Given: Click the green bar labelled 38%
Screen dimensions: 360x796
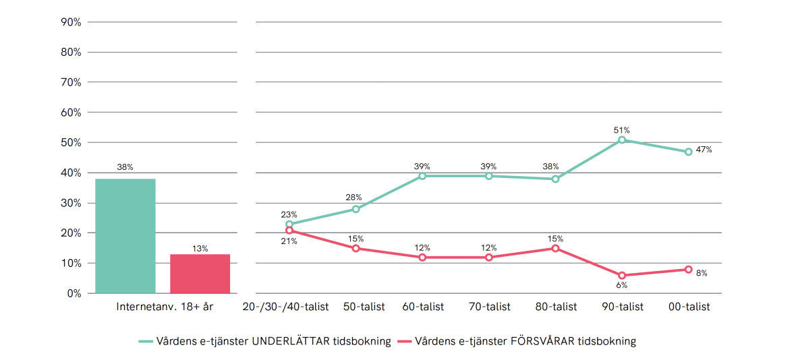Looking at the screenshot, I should pos(125,236).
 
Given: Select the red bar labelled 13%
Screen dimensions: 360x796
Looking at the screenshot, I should pos(200,274).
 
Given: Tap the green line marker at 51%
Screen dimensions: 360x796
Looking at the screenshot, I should pos(622,140).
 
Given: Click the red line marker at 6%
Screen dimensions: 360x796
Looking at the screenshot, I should pos(622,276).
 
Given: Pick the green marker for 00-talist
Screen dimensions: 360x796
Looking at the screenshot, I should pos(688,152).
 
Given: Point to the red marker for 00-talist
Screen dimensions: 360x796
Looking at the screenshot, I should pos(688,270).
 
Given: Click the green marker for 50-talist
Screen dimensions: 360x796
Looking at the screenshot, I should pos(356,209).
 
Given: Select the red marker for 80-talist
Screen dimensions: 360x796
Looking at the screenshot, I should pos(555,248).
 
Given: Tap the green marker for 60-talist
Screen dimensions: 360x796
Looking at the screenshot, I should pos(422,176).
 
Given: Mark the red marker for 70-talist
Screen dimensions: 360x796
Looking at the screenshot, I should pos(488,258).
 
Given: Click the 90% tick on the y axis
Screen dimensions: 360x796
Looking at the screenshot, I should pos(71,22).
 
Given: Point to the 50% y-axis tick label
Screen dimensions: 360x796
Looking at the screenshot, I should pos(71,143).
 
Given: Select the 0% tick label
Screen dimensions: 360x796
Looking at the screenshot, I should pos(74,294).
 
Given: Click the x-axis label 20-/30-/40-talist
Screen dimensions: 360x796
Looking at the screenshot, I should pos(285,307).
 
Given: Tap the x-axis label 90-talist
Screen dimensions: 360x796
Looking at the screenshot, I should pos(622,307).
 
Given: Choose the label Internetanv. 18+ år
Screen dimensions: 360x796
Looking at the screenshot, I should pos(165,307).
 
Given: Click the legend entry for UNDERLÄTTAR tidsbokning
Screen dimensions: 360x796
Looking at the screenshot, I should pos(265,341).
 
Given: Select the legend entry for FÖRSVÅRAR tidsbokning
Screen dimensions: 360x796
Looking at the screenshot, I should pos(517,341).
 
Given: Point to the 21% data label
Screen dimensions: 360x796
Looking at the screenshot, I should pos(289,241).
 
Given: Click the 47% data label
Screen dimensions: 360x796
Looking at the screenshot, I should pos(704,150).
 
